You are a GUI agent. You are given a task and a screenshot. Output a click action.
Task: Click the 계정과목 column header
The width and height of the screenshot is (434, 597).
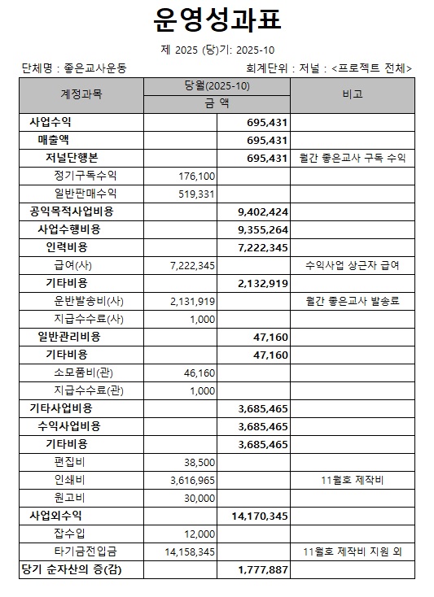click(x=81, y=94)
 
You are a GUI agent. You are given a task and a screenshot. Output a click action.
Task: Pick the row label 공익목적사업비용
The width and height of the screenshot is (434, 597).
click(x=72, y=211)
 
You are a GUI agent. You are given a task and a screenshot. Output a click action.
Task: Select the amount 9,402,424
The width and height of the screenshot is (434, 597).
click(x=263, y=211)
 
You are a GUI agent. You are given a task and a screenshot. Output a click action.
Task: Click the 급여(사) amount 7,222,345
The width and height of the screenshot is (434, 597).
click(x=193, y=265)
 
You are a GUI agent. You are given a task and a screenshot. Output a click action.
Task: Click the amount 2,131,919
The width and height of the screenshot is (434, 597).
click(x=193, y=301)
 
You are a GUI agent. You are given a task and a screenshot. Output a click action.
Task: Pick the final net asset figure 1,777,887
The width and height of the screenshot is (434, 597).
click(x=263, y=569)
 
